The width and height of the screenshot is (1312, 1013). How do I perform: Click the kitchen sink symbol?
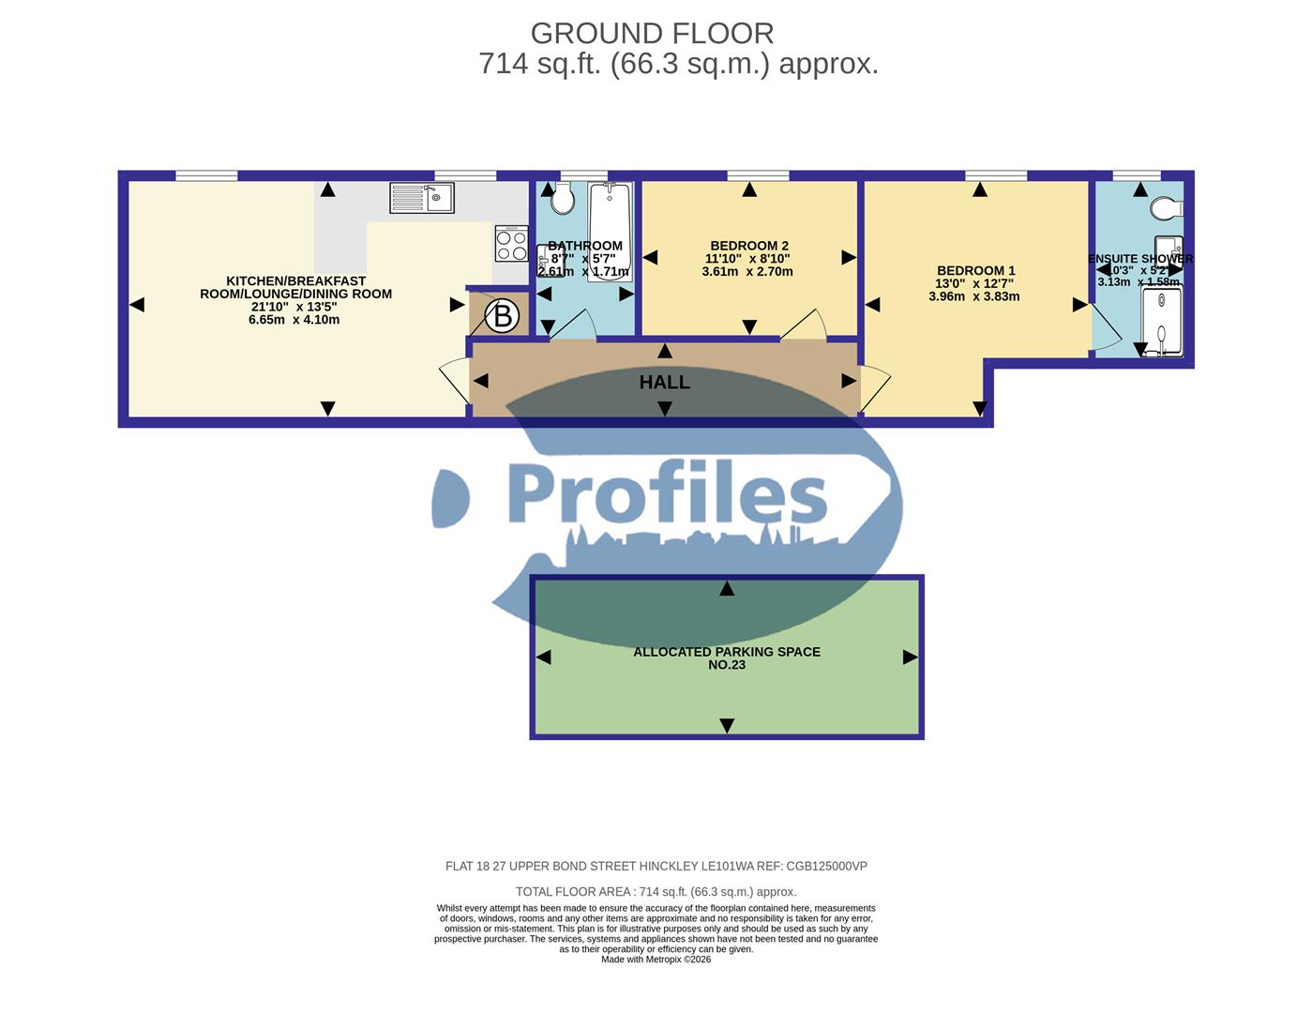[x=422, y=198]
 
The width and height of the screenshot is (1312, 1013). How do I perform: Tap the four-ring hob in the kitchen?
[x=511, y=245]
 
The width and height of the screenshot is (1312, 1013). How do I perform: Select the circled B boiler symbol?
[x=503, y=317]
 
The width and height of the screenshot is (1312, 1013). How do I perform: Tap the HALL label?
[x=664, y=383]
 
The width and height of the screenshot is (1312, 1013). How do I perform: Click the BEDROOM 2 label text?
[x=748, y=246]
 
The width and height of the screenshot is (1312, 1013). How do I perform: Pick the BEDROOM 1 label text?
[x=975, y=270]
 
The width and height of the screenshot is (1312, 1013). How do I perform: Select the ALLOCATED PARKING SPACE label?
[x=727, y=652]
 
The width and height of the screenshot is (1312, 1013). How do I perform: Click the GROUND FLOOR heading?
[x=652, y=34]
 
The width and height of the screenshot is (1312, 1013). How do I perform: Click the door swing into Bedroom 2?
[x=805, y=324]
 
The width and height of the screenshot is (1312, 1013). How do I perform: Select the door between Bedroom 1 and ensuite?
[x=1104, y=329]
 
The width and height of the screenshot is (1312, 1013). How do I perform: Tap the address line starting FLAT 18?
[x=656, y=867]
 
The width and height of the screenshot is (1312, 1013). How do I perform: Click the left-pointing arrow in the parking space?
[x=543, y=658]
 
